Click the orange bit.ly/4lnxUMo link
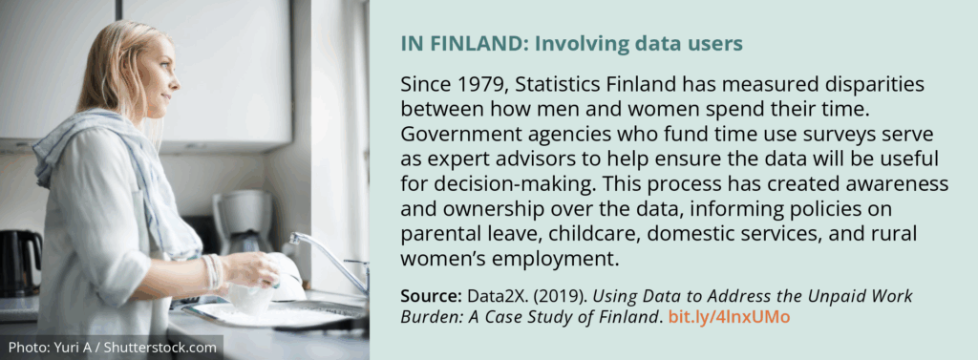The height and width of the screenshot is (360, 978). coord(729,317)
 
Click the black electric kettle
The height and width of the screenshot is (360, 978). coord(20,263)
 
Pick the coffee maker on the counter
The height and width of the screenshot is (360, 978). coord(243,222)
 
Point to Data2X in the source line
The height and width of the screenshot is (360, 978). coord(492,295)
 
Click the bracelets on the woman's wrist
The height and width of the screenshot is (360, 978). coord(213,271)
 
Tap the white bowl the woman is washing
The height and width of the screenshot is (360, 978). coord(268,288)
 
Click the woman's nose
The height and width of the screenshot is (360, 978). coord(177,81)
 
